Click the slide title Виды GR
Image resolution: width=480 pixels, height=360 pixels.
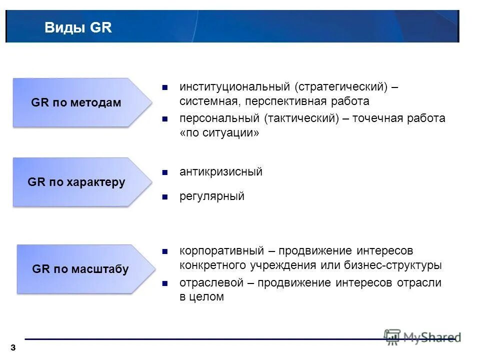click(78, 27)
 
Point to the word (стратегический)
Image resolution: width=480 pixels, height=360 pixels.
click(341, 87)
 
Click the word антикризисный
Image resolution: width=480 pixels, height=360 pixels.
click(221, 172)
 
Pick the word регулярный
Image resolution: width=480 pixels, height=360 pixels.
click(212, 196)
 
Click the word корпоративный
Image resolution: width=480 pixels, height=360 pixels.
click(221, 250)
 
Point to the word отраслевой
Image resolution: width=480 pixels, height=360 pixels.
click(210, 282)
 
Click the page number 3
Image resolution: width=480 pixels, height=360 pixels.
click(12, 347)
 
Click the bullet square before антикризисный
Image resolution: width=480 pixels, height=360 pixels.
click(164, 172)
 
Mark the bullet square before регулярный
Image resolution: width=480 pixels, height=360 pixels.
click(164, 197)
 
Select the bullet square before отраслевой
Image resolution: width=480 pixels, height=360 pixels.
click(164, 283)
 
